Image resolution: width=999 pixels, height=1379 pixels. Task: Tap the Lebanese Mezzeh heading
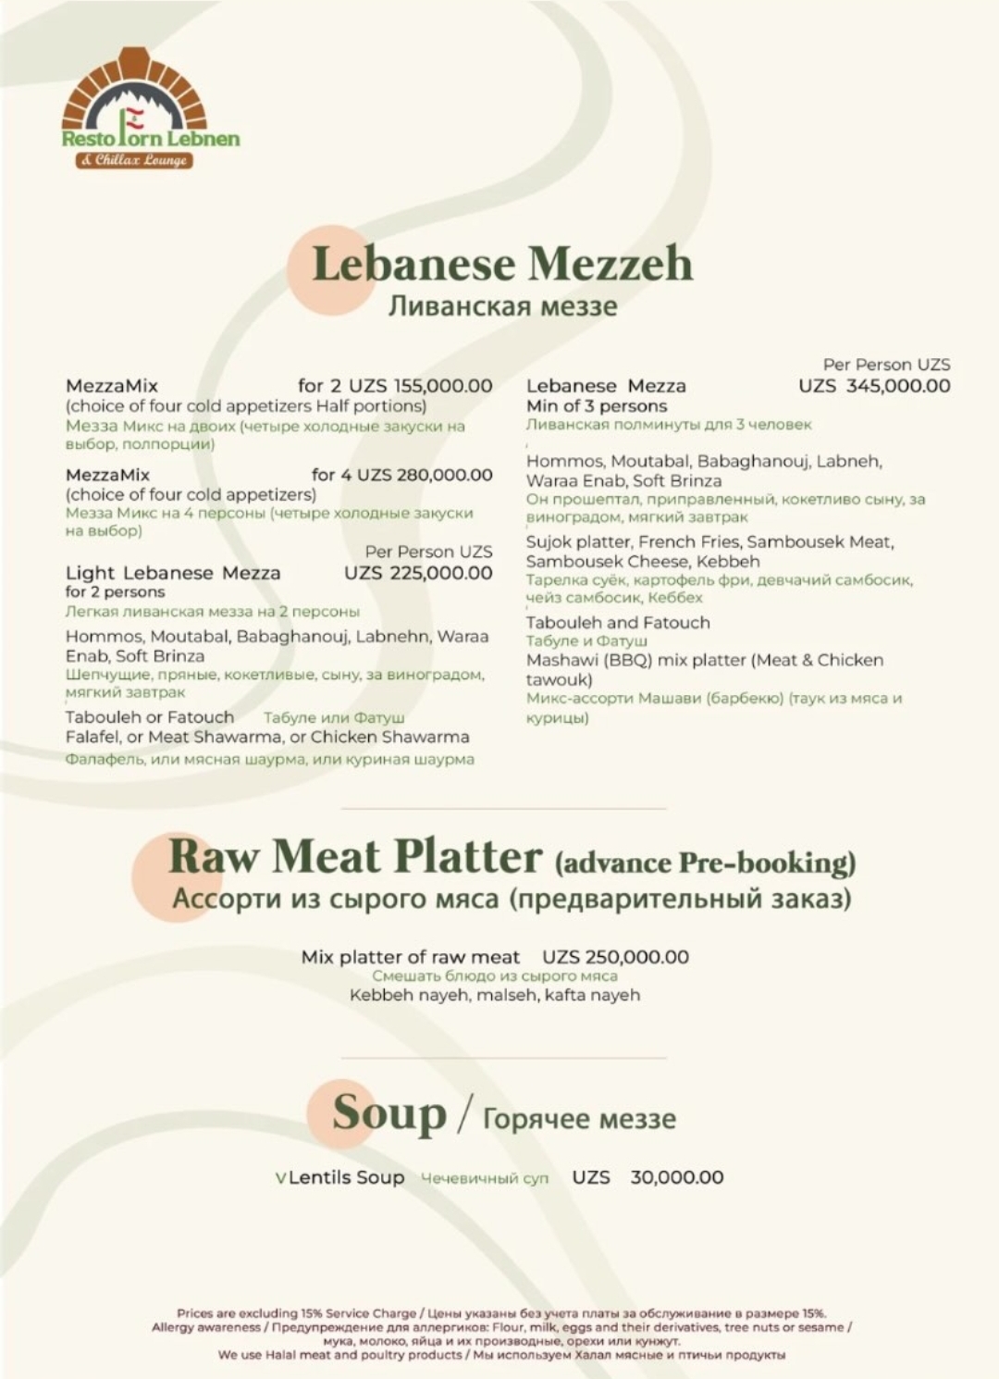click(x=502, y=264)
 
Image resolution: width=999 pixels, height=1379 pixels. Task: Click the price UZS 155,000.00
click(x=421, y=386)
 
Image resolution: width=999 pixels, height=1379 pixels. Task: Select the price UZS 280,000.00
click(x=425, y=475)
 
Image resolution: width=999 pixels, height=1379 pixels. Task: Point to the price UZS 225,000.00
click(x=418, y=573)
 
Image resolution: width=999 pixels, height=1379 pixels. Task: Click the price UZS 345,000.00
click(x=874, y=386)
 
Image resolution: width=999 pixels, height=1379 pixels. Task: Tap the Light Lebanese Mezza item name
click(x=173, y=573)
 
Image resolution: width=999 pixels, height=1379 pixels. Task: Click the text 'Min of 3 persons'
click(x=597, y=405)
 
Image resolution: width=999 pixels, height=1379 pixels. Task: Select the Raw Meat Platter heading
click(x=354, y=856)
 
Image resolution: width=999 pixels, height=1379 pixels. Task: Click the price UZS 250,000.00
click(x=615, y=957)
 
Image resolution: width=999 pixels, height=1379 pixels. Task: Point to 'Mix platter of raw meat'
click(x=411, y=957)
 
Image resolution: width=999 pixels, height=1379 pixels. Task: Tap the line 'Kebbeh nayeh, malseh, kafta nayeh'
click(x=495, y=995)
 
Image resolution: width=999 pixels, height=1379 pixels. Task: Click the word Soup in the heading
click(x=389, y=1113)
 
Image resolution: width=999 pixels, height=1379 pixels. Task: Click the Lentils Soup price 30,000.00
click(x=676, y=1177)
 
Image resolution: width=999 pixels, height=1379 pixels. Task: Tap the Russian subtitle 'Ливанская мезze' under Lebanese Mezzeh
click(x=502, y=306)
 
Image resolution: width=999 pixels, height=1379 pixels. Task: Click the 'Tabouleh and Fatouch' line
click(x=618, y=623)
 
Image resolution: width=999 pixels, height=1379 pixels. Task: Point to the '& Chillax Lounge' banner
click(x=135, y=160)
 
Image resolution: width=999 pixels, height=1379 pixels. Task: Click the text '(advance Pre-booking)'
click(x=705, y=863)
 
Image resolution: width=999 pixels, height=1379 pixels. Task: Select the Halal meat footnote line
click(x=501, y=1355)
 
